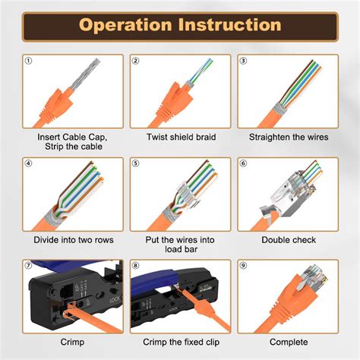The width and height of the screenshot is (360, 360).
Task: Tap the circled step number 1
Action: pyautogui.click(x=29, y=61)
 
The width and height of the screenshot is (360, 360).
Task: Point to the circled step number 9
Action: pyautogui.click(x=243, y=265)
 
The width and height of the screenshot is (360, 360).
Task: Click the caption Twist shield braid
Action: pyautogui.click(x=180, y=137)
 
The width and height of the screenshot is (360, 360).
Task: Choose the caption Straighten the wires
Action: pyautogui.click(x=288, y=137)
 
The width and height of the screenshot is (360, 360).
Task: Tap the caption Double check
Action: pyautogui.click(x=288, y=239)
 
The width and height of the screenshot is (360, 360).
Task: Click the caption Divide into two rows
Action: pyautogui.click(x=73, y=239)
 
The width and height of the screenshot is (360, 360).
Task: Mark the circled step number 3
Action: pyautogui.click(x=243, y=61)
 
